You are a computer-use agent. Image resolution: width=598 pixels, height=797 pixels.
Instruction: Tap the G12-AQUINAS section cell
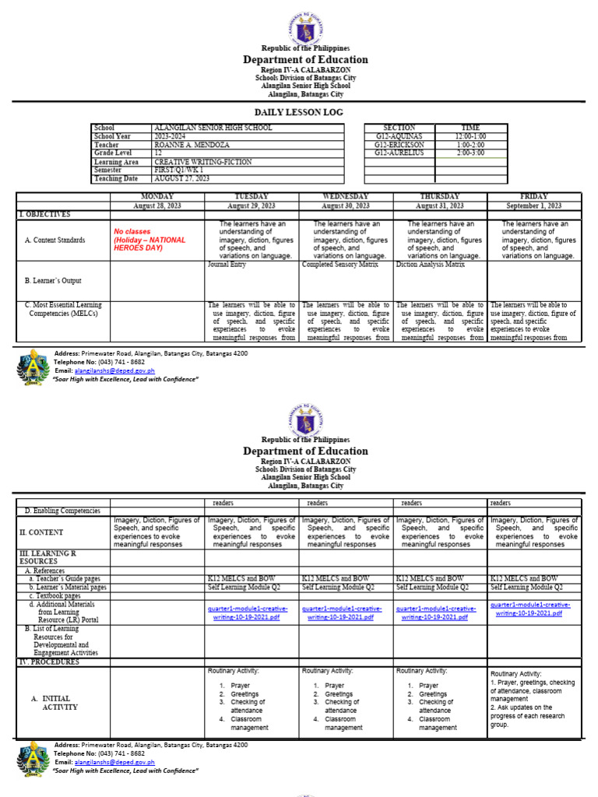coord(399,136)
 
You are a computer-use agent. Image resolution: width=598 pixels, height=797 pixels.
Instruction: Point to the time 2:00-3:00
coord(470,153)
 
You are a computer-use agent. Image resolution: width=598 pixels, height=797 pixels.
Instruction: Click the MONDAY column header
coord(157,196)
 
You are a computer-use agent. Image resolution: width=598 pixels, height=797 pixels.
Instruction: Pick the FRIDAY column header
coord(534,196)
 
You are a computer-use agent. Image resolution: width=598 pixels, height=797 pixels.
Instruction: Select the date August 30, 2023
coord(346,205)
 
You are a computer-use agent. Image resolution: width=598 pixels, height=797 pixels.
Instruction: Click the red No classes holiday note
coord(149,240)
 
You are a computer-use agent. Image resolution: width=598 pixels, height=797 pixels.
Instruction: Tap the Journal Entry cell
coord(227,265)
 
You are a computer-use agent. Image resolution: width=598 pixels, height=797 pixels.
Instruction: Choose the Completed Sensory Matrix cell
coord(339,265)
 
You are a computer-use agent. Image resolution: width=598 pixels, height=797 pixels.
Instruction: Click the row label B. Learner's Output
coord(53,281)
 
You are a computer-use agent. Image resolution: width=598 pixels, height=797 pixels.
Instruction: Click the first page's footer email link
coord(104,370)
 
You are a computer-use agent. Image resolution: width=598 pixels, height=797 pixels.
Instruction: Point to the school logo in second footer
coord(33,757)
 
